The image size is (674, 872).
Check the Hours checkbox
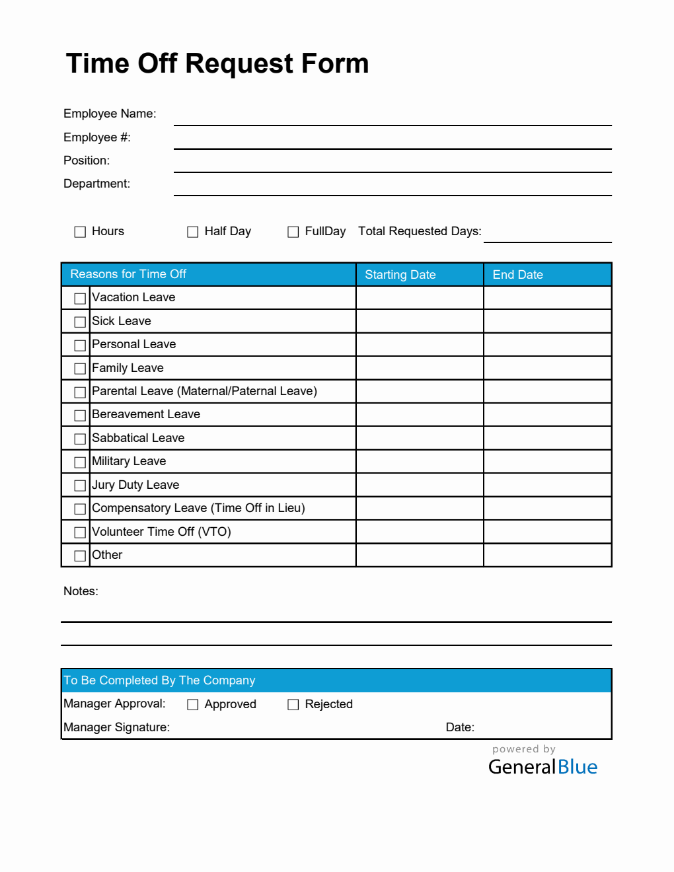click(x=80, y=232)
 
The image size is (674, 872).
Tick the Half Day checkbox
click(x=192, y=232)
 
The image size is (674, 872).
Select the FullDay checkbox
click(x=293, y=232)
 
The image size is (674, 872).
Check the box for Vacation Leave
click(x=80, y=299)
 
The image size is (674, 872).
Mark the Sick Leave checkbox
click(x=80, y=322)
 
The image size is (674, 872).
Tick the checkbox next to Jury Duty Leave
click(x=80, y=486)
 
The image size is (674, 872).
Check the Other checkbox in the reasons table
click(x=80, y=556)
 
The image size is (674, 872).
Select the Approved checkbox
click(x=192, y=705)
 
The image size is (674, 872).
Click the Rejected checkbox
click(x=293, y=705)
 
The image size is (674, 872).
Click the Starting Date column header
click(x=400, y=275)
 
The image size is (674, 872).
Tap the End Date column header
click(x=517, y=275)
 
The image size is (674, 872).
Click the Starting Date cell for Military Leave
click(x=420, y=462)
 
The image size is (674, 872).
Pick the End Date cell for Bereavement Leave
click(x=547, y=415)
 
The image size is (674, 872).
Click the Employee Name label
click(x=110, y=114)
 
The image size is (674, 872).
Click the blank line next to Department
click(x=393, y=188)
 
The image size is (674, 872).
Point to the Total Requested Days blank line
click(x=547, y=235)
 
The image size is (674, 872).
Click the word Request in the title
click(x=239, y=64)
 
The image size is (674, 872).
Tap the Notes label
click(x=81, y=591)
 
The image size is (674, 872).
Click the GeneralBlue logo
click(x=543, y=766)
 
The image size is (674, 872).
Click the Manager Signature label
click(x=116, y=727)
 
